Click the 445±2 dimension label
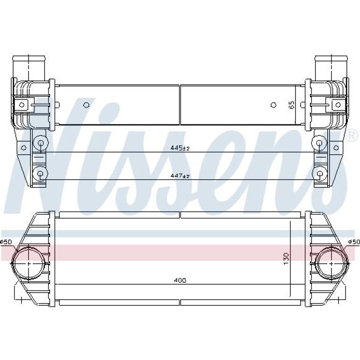[x=180, y=148]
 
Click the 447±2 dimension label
[x=180, y=176]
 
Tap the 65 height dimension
[x=291, y=105]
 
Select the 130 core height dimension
[x=286, y=259]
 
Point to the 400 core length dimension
[x=180, y=280]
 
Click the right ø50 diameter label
[x=354, y=242]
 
